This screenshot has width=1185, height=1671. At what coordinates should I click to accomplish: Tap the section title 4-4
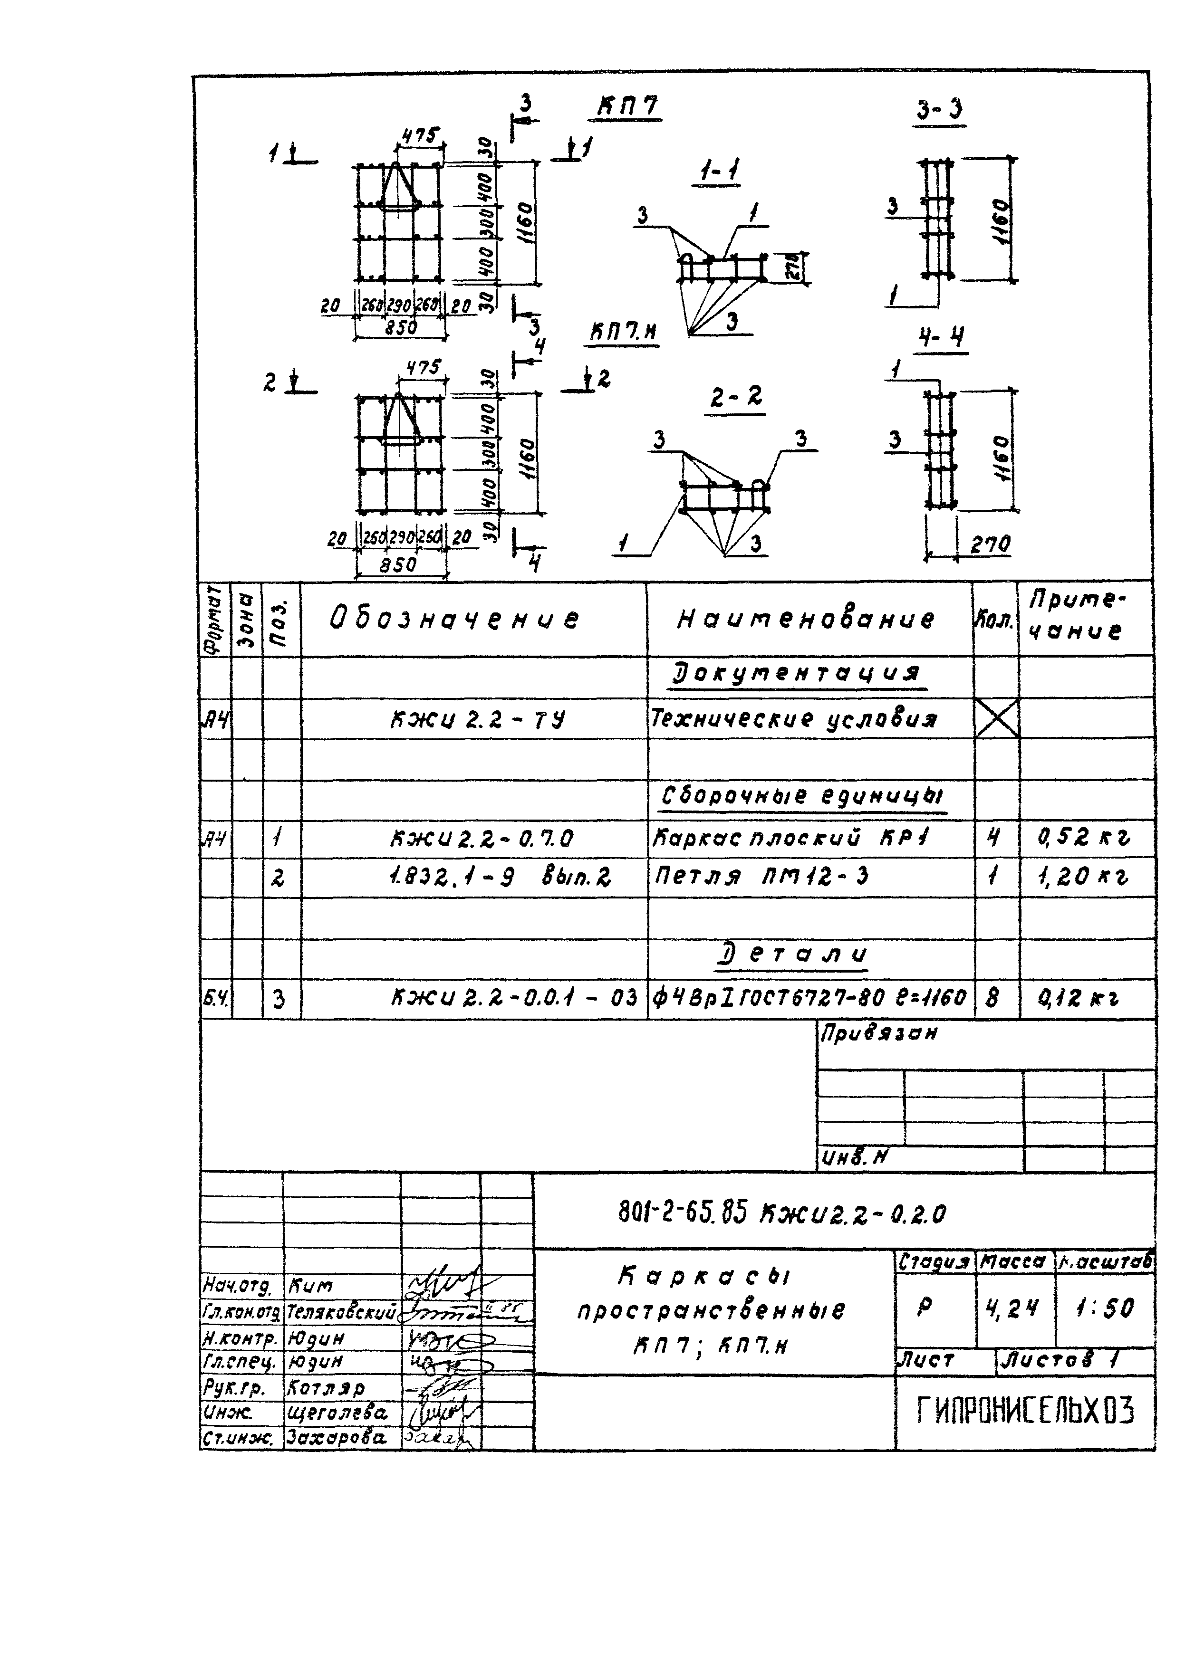click(941, 338)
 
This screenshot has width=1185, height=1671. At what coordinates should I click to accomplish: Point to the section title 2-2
click(735, 398)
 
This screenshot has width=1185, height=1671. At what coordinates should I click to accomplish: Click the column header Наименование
click(806, 619)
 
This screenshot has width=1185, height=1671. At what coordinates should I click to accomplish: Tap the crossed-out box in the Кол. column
click(996, 718)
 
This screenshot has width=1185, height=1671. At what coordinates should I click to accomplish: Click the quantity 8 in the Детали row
click(992, 997)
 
